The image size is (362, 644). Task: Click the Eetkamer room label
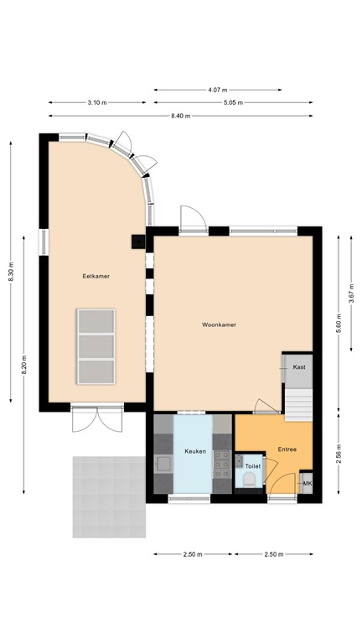(x=96, y=276)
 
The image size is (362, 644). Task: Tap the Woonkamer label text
(x=219, y=324)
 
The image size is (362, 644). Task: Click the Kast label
(x=298, y=367)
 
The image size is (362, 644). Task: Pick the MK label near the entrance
(x=307, y=484)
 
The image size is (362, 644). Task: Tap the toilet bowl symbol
(x=248, y=480)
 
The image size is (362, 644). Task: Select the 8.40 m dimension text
(x=181, y=116)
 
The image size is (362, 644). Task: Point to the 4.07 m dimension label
(x=217, y=89)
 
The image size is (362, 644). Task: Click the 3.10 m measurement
(x=97, y=102)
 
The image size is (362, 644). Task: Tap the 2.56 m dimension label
(x=339, y=456)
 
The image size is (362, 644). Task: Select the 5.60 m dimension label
(x=339, y=324)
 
